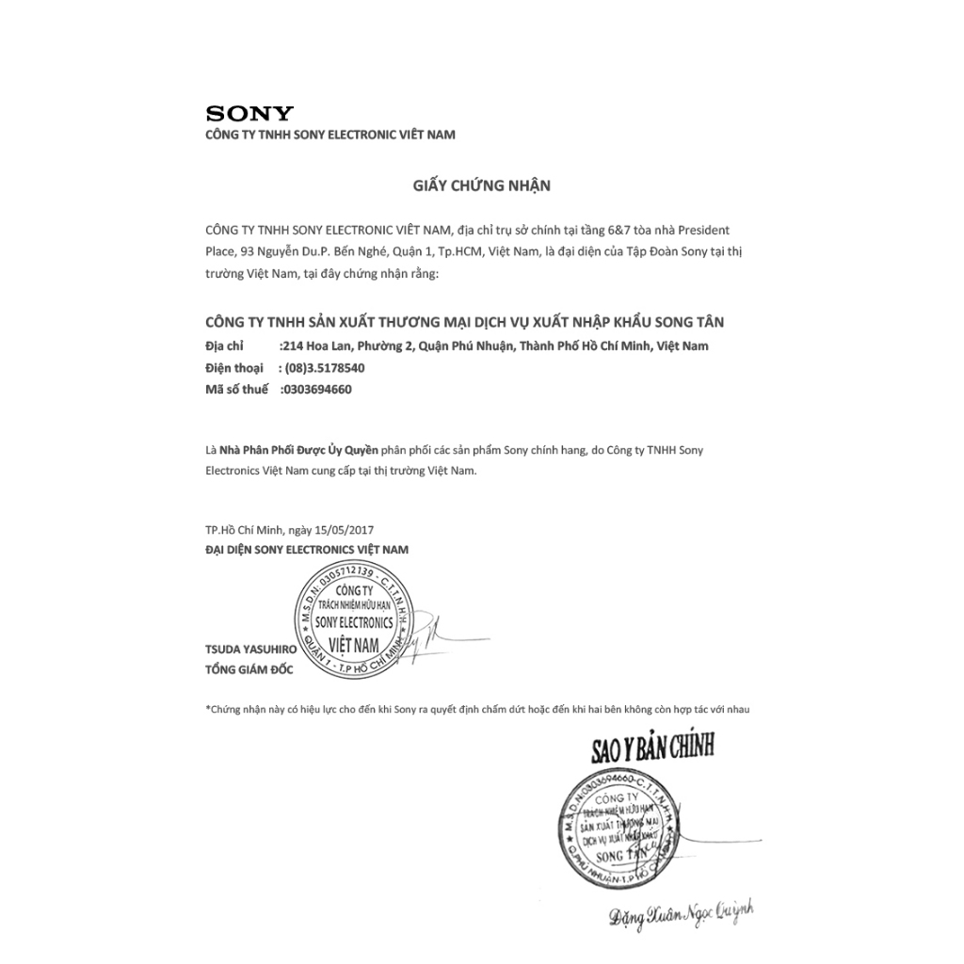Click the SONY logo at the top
coord(249,114)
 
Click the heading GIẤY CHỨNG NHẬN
coord(481,185)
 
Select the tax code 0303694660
coord(317,389)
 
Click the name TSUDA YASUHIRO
coord(250,650)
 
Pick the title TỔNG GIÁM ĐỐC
coord(249,669)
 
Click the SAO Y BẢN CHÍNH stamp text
coord(652,747)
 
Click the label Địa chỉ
coord(224,346)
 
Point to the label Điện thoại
coord(234,368)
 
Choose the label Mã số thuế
coord(236,389)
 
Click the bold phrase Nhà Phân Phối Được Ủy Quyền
coord(298,450)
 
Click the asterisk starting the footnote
coord(208,707)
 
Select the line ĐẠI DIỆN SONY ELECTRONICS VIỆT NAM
coord(307,549)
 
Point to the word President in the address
coord(703,230)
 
